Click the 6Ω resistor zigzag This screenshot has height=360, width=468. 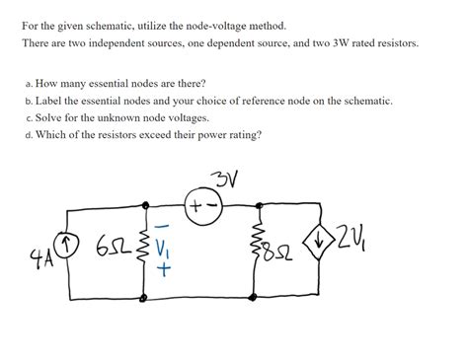tap(146, 251)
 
